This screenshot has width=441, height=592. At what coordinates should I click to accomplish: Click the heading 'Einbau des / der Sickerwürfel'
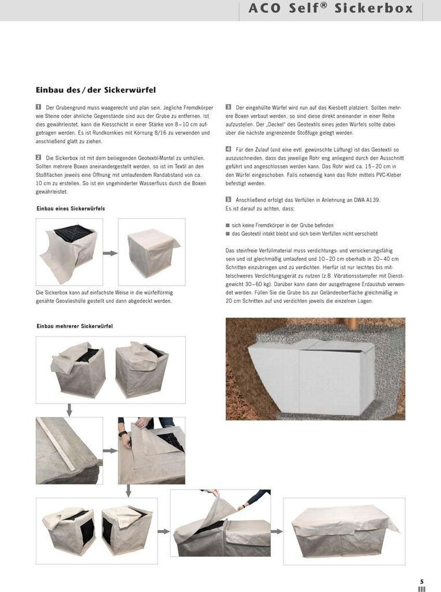tap(96, 90)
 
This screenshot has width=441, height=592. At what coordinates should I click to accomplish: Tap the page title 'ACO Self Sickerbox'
tap(331, 8)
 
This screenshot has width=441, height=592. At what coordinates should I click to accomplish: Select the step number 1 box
tap(39, 108)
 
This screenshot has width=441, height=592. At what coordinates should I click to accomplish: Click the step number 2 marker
tap(39, 157)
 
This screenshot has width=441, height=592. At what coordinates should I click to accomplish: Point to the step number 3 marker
tap(229, 108)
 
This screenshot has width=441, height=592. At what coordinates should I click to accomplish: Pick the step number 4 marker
tap(229, 149)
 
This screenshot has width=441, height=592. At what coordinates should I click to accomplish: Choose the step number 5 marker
tap(229, 199)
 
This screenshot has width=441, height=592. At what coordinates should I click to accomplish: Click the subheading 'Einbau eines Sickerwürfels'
tap(70, 208)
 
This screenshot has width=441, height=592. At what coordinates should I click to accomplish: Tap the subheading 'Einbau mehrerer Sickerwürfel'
tap(74, 327)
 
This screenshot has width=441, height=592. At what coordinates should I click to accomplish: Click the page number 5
tap(422, 582)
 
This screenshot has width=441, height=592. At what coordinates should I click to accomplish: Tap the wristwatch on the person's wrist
tap(122, 433)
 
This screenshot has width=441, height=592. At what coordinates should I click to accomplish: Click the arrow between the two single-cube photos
tap(110, 253)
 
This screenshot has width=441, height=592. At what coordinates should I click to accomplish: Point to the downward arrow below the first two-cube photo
tap(69, 410)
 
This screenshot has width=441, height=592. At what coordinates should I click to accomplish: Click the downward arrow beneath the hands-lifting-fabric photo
tap(128, 490)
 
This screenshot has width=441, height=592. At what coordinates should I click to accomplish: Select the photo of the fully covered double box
tap(345, 530)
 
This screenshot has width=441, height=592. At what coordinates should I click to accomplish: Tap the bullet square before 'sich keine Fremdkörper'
tap(228, 225)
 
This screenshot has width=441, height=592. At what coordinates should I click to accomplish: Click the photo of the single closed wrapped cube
tap(152, 251)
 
